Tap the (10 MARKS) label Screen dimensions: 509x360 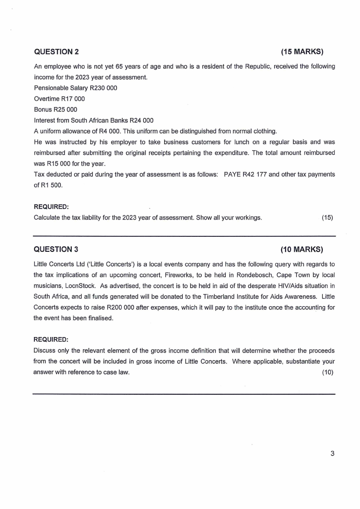[x=302, y=250]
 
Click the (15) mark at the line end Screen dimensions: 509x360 [x=327, y=217]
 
